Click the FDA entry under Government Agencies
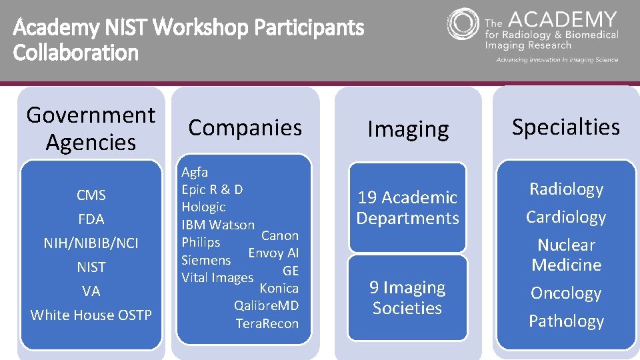(x=91, y=219)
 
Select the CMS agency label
(x=91, y=195)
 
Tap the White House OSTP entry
(x=91, y=315)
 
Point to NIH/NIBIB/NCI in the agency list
(x=91, y=243)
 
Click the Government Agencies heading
(x=91, y=129)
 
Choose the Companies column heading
(x=245, y=127)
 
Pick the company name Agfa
(x=195, y=173)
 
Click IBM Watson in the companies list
(x=218, y=225)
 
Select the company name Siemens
(x=206, y=260)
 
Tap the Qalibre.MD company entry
(x=266, y=306)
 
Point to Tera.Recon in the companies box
(x=267, y=324)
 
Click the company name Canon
(x=279, y=235)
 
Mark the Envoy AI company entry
(x=273, y=253)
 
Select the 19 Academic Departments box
(x=407, y=207)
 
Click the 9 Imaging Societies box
(x=407, y=297)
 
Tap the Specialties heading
(x=565, y=127)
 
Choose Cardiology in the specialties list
(x=566, y=217)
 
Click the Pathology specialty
(x=566, y=321)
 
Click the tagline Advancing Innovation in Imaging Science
(x=557, y=60)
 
